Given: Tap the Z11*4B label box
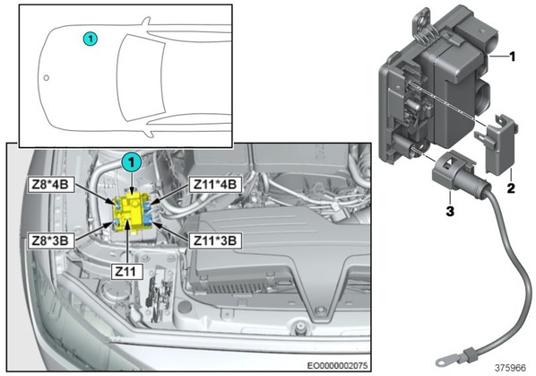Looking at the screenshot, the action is click(x=215, y=184).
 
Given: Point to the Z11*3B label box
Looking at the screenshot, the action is click(x=215, y=240).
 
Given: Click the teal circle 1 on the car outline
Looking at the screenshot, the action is click(x=91, y=39).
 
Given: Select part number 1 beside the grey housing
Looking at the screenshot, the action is click(x=513, y=57).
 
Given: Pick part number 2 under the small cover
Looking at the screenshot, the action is click(x=511, y=188).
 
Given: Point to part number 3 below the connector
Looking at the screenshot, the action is click(x=450, y=211).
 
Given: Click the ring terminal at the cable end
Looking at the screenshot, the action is click(x=444, y=361).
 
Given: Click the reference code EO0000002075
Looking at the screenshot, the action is click(x=337, y=365).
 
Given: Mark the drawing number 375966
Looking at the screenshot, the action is click(x=510, y=368).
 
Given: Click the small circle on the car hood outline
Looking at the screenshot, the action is click(x=47, y=78).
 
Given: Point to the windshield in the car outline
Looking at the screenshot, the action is click(x=141, y=78).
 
